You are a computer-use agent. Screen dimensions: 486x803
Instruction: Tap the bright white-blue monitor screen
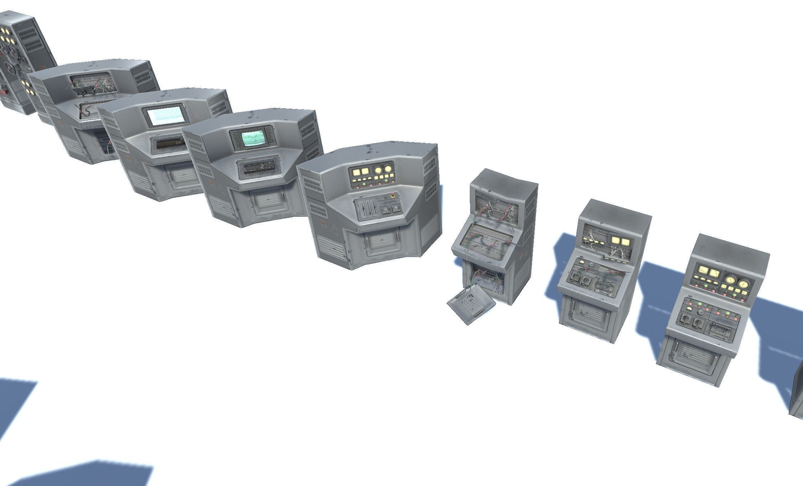point(164,116)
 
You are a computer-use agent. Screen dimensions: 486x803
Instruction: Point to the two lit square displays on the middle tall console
point(621,242)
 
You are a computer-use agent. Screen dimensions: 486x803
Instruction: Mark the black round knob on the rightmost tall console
point(701,312)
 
